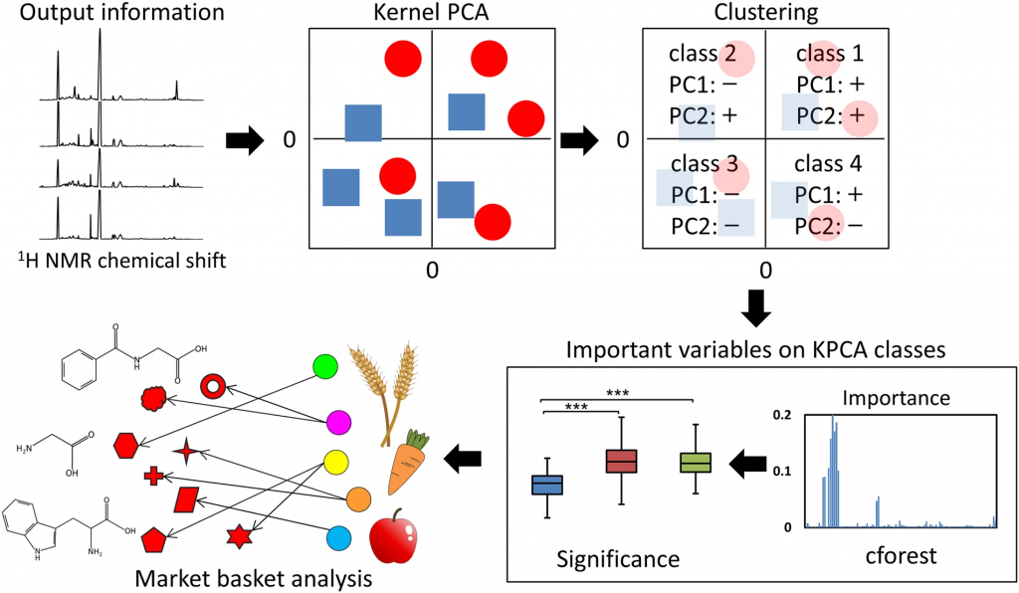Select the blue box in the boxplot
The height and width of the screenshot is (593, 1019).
pos(547,485)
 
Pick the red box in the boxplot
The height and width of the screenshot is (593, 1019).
pos(622,461)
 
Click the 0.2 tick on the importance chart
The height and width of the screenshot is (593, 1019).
pos(785,413)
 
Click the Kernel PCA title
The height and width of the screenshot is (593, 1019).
pos(431,12)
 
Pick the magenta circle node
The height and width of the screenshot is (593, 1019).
pos(337,423)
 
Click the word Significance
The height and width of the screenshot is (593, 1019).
pos(618,559)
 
